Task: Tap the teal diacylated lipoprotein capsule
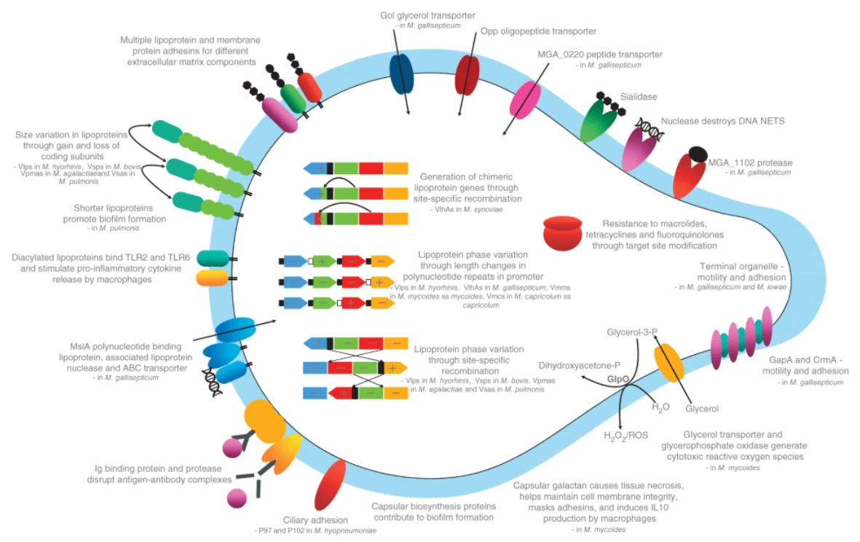[213, 258]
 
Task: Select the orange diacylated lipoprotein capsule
[213, 278]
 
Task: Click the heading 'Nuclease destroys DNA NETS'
[722, 121]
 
